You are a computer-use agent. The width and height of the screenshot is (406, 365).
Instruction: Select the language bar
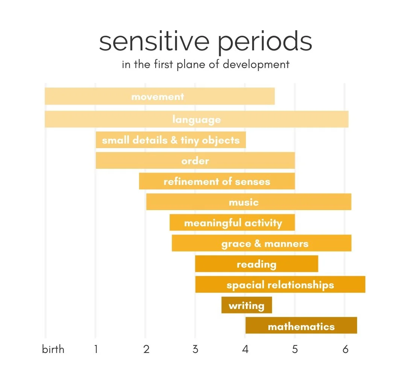tap(196, 120)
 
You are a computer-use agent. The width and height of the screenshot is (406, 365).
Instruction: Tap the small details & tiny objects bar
tap(171, 140)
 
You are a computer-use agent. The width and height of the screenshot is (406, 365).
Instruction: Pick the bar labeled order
tap(195, 161)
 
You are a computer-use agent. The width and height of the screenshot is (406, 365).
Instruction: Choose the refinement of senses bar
tap(217, 182)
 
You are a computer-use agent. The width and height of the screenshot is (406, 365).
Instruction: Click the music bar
tap(248, 202)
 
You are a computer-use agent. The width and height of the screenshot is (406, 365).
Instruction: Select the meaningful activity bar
tap(232, 223)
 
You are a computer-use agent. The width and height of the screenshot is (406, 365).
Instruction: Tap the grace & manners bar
tap(262, 244)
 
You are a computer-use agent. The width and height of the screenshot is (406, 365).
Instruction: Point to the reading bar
tap(256, 264)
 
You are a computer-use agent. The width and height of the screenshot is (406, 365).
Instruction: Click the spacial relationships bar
tap(280, 285)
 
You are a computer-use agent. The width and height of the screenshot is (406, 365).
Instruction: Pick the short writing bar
tap(247, 305)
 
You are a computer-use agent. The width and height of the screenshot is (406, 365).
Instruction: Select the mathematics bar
tap(301, 326)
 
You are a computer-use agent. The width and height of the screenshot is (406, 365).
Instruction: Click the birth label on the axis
tap(53, 349)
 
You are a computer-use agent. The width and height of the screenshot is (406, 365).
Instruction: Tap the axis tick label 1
tap(96, 349)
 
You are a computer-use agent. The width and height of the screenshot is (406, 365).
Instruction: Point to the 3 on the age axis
tap(195, 349)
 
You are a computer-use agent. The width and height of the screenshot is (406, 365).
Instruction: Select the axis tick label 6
tap(345, 349)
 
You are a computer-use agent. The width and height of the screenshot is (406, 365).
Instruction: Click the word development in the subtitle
tap(256, 64)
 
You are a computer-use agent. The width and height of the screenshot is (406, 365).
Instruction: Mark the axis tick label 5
tap(295, 349)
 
